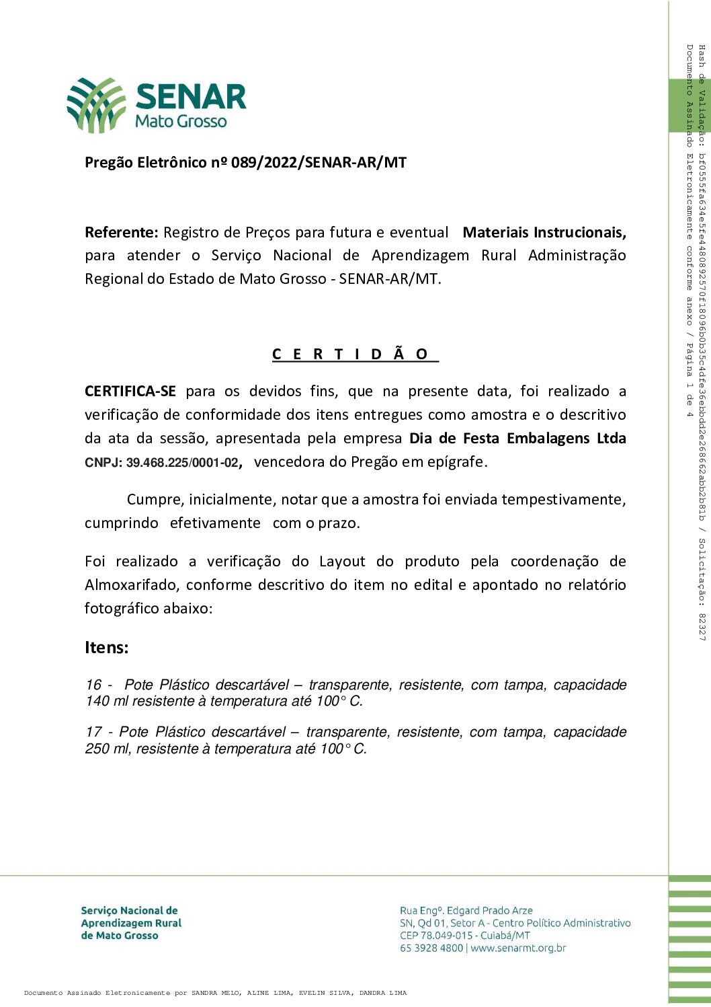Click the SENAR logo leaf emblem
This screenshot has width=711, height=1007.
coord(96,104)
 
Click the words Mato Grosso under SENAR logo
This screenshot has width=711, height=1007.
coord(181,122)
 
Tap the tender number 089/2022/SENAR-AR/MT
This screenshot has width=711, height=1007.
coord(319,163)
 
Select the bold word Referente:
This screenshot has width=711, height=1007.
coord(122,233)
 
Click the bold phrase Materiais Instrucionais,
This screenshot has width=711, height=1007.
coord(544,233)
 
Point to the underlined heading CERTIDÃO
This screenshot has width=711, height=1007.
coord(355,355)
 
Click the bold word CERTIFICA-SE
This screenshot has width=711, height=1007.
coord(130,391)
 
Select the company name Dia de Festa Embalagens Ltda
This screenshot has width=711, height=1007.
coord(517,439)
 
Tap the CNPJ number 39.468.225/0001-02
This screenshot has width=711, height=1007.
coord(182,463)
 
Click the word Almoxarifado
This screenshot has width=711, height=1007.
coord(132,585)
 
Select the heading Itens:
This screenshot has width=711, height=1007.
coord(106,648)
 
